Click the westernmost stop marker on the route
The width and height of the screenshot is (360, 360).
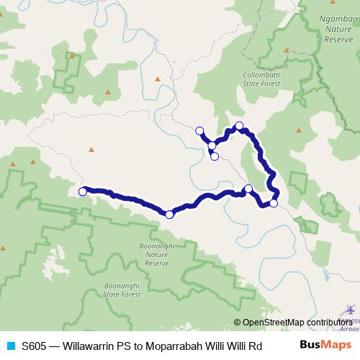pyautogui.click(x=83, y=192)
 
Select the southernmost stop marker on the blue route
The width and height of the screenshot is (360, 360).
pyautogui.click(x=169, y=215)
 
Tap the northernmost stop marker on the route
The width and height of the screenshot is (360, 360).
pyautogui.click(x=240, y=126)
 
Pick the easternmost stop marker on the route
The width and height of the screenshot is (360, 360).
pyautogui.click(x=274, y=203)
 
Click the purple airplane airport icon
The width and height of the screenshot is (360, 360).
pyautogui.click(x=350, y=310)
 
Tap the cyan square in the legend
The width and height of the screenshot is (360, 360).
pyautogui.click(x=10, y=344)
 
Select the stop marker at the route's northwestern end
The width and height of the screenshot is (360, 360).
pyautogui.click(x=199, y=130)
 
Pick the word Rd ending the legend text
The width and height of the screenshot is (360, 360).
pyautogui.click(x=254, y=344)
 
